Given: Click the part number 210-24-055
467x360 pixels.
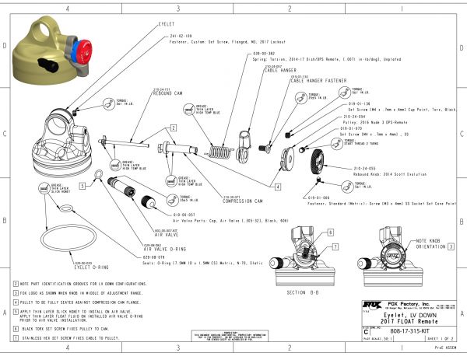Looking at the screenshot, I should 364,168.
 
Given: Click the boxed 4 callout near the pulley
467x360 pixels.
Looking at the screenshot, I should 277,187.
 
